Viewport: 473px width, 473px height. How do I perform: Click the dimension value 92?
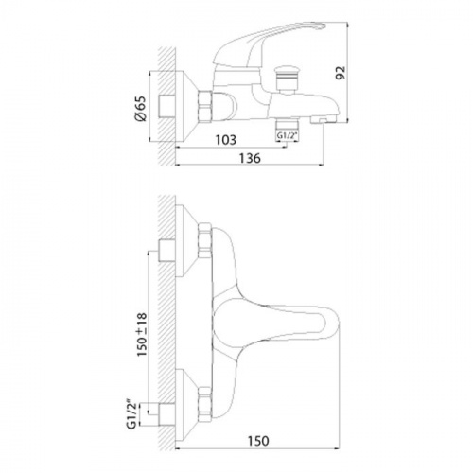342,73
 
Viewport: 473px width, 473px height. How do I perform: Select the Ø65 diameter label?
141,108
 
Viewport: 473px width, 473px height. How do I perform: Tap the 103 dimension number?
225,140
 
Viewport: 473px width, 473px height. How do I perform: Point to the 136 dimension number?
250,158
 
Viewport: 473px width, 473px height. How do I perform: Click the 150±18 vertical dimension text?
142,335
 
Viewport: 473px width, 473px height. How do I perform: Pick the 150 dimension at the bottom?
258,441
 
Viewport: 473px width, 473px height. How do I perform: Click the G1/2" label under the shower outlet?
288,136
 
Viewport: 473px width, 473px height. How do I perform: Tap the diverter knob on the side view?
287,79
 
